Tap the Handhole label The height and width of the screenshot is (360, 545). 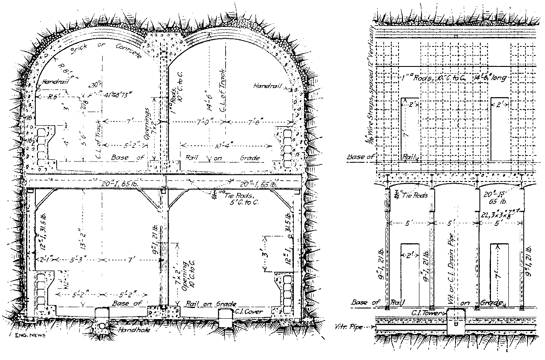tap(130, 330)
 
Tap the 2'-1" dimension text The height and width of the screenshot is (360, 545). tap(43, 259)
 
